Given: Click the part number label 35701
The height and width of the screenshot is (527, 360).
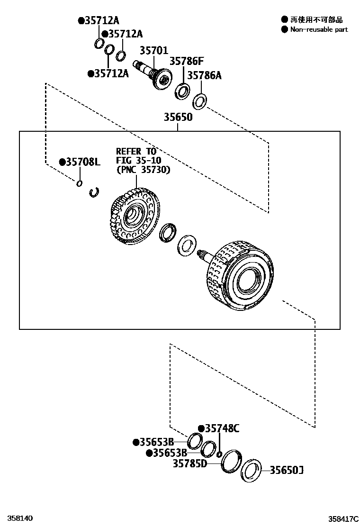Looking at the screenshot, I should click(153, 50).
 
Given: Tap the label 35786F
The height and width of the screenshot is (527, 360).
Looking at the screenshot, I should click(187, 61).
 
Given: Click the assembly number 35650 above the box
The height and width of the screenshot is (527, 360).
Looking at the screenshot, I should click(178, 117).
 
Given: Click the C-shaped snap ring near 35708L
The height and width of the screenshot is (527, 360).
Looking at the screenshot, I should click(94, 191).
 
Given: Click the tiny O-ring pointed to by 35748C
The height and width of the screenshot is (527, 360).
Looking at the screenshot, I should click(219, 455).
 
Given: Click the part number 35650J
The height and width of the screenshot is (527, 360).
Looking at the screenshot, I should click(286, 470).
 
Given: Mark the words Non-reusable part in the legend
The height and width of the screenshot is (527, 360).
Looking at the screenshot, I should click(319, 29).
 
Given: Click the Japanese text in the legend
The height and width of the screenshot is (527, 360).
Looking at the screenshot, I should click(316, 19).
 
